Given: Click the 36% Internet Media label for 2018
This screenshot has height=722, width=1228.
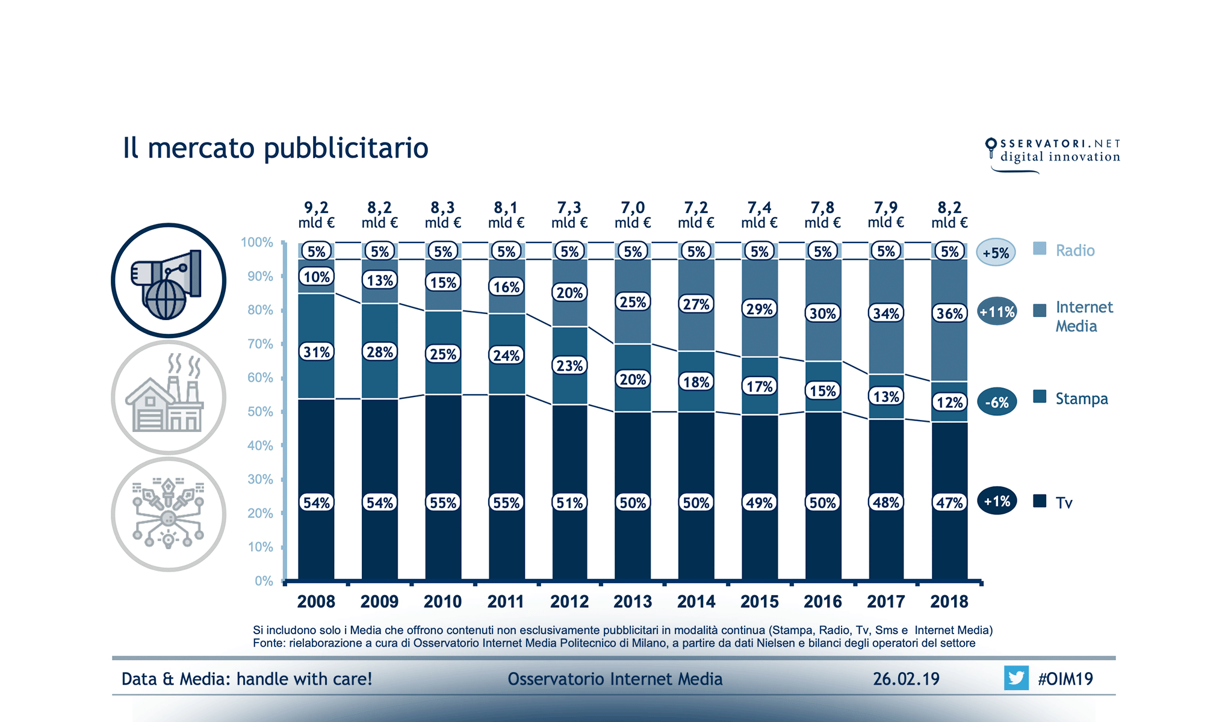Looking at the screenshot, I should pyautogui.click(x=949, y=313).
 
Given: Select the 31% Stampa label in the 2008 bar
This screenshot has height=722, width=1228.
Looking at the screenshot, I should pyautogui.click(x=316, y=352).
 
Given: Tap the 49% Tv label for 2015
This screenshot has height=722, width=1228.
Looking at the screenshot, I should pyautogui.click(x=759, y=502).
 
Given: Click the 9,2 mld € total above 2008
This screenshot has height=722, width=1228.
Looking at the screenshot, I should pyautogui.click(x=316, y=214).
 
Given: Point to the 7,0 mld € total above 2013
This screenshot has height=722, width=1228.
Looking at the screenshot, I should pyautogui.click(x=633, y=214).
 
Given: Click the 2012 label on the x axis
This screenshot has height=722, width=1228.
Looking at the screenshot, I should pyautogui.click(x=569, y=601).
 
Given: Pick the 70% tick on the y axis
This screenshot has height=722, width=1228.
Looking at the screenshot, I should pyautogui.click(x=260, y=344).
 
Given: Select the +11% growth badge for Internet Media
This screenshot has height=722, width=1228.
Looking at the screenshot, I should pyautogui.click(x=997, y=312).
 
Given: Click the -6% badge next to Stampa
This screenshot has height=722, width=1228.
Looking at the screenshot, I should pyautogui.click(x=997, y=402).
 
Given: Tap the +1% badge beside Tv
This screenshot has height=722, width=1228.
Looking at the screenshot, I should pyautogui.click(x=997, y=501).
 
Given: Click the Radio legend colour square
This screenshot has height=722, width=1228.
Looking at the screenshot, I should pyautogui.click(x=1040, y=248).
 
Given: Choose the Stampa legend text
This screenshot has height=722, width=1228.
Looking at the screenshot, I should pyautogui.click(x=1081, y=399).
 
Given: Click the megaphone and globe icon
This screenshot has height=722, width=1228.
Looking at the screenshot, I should pyautogui.click(x=169, y=280).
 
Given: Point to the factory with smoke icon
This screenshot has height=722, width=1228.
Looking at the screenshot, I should pyautogui.click(x=169, y=397).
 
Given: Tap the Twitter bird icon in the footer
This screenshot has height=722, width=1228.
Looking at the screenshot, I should pyautogui.click(x=1016, y=678).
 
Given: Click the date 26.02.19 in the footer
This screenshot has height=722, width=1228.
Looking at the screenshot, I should pyautogui.click(x=906, y=679).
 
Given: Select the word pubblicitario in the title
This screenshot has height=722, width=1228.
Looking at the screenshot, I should pyautogui.click(x=346, y=148).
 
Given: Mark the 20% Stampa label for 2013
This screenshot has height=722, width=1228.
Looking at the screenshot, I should pyautogui.click(x=633, y=380).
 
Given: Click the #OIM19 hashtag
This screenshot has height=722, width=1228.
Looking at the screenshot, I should pyautogui.click(x=1065, y=679).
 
